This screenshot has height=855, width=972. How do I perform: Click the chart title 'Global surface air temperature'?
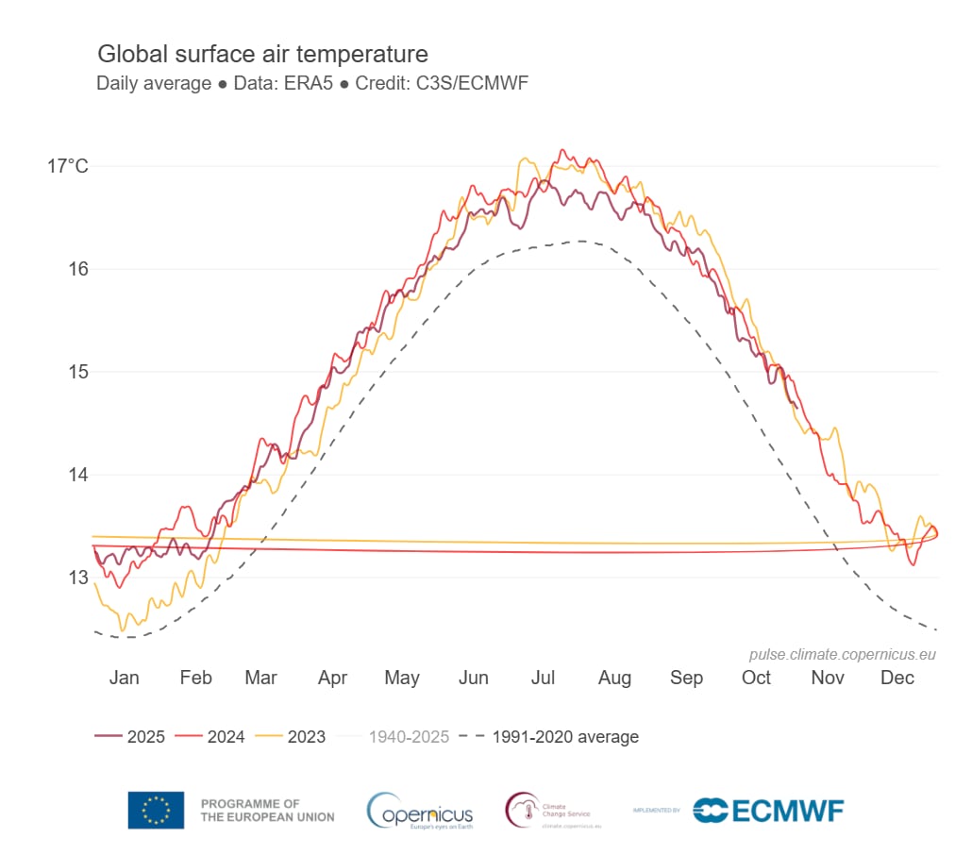coord(262,54)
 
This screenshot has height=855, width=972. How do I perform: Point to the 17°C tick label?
coord(68,167)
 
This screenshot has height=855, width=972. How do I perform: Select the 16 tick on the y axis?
coord(77,269)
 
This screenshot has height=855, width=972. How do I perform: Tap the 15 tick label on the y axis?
coord(77,372)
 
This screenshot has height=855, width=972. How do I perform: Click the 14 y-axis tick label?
coord(77,475)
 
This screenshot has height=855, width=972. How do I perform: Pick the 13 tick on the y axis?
coord(77,577)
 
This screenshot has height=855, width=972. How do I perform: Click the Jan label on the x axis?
coord(124,678)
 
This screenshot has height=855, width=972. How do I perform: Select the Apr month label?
coord(332,678)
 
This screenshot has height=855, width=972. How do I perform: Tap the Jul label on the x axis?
coord(543,678)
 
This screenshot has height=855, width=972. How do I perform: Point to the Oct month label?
coord(756,678)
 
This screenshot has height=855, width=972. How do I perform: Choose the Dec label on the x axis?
coord(897,678)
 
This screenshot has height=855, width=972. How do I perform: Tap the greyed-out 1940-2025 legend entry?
coord(408,737)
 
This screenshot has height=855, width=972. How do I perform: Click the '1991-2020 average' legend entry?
coord(564,737)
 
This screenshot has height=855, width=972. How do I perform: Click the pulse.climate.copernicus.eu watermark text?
coord(842,654)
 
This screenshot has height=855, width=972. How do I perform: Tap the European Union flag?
coord(157,810)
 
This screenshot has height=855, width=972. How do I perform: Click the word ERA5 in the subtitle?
coord(314,83)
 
